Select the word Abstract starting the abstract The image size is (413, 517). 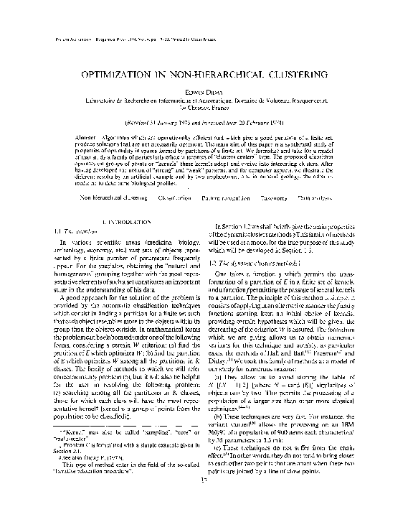pyautogui.click(x=87, y=136)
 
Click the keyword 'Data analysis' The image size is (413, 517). pyautogui.click(x=351, y=195)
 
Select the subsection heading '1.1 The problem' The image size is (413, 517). pyautogui.click(x=75, y=233)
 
